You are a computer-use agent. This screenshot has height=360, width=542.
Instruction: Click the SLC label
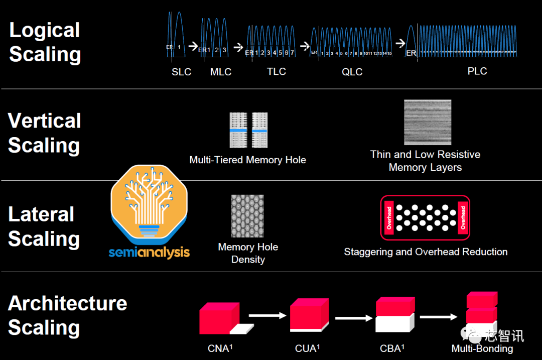[181, 72]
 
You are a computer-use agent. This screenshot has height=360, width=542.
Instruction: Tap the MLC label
[221, 72]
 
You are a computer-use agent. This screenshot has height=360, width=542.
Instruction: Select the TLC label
[277, 71]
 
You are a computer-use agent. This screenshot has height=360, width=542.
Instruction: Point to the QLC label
[352, 72]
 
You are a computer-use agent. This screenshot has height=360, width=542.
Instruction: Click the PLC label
[477, 71]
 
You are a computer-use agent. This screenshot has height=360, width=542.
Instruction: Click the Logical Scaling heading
[45, 42]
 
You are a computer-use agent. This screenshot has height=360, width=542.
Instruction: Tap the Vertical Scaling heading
[44, 133]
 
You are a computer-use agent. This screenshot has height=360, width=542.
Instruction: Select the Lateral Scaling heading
[44, 226]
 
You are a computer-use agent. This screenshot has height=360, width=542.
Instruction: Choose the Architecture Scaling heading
[67, 315]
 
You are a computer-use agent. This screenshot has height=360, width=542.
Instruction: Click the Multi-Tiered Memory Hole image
[248, 130]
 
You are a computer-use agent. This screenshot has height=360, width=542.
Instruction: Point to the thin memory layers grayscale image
[428, 122]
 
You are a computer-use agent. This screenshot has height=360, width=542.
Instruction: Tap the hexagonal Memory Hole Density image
[247, 216]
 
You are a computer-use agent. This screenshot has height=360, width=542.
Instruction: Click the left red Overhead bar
[389, 217]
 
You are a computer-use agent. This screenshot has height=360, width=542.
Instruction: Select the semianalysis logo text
[150, 252]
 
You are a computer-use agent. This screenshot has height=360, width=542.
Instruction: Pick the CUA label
[307, 348]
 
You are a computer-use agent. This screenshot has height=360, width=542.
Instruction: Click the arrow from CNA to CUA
[266, 316]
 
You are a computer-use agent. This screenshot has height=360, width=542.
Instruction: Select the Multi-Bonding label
[482, 348]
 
